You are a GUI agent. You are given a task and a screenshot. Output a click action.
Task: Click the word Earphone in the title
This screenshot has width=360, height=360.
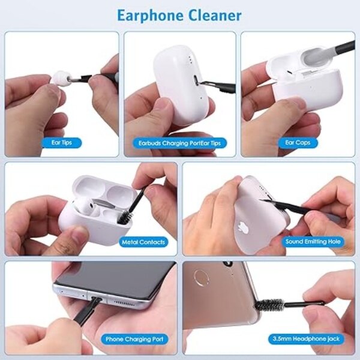coord(151,16)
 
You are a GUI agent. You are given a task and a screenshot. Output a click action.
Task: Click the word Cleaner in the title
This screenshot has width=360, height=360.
coord(215,15)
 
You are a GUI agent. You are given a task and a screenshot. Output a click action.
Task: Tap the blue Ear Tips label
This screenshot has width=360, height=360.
coord(62,143)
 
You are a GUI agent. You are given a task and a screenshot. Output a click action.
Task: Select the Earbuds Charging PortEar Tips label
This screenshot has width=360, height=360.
coord(179,143)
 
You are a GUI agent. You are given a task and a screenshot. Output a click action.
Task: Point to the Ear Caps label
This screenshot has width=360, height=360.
coord(298,143)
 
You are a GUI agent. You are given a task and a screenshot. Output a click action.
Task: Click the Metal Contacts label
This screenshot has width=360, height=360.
coord(143,242)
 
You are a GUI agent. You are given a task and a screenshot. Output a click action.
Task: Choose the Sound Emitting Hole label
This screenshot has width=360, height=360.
coord(313,242)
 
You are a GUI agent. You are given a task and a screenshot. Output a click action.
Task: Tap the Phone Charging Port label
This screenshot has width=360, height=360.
coord(134,339)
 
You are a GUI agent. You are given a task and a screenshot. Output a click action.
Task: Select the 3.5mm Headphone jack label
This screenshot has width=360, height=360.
coord(306,338)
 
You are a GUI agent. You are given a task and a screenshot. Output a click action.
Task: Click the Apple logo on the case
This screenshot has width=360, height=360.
coord(242,226)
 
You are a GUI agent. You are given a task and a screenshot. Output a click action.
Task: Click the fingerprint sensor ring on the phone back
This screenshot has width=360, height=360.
coord(202,278)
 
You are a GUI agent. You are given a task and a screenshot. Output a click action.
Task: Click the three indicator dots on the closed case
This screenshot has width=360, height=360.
coord(190,59)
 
